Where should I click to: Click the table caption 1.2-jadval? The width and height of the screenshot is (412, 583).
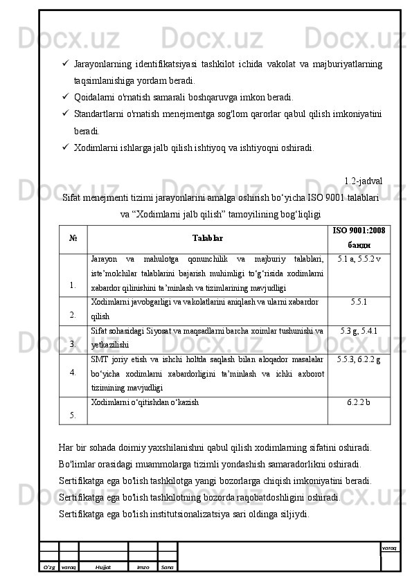pyautogui.click(x=363, y=181)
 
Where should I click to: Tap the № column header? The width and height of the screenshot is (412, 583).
pyautogui.click(x=73, y=237)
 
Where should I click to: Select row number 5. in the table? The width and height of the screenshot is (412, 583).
pyautogui.click(x=73, y=415)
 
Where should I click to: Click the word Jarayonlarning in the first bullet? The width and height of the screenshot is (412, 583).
pyautogui.click(x=102, y=64)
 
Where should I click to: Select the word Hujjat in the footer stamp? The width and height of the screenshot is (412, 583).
pyautogui.click(x=103, y=566)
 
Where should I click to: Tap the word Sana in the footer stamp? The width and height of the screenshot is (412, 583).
pyautogui.click(x=167, y=566)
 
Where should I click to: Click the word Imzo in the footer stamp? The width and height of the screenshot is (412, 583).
pyautogui.click(x=143, y=566)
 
